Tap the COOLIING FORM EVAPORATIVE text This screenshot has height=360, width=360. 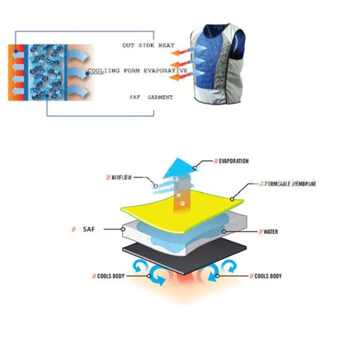137,71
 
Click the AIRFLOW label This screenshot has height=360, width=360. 123,177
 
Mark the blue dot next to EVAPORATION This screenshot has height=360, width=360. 195,167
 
